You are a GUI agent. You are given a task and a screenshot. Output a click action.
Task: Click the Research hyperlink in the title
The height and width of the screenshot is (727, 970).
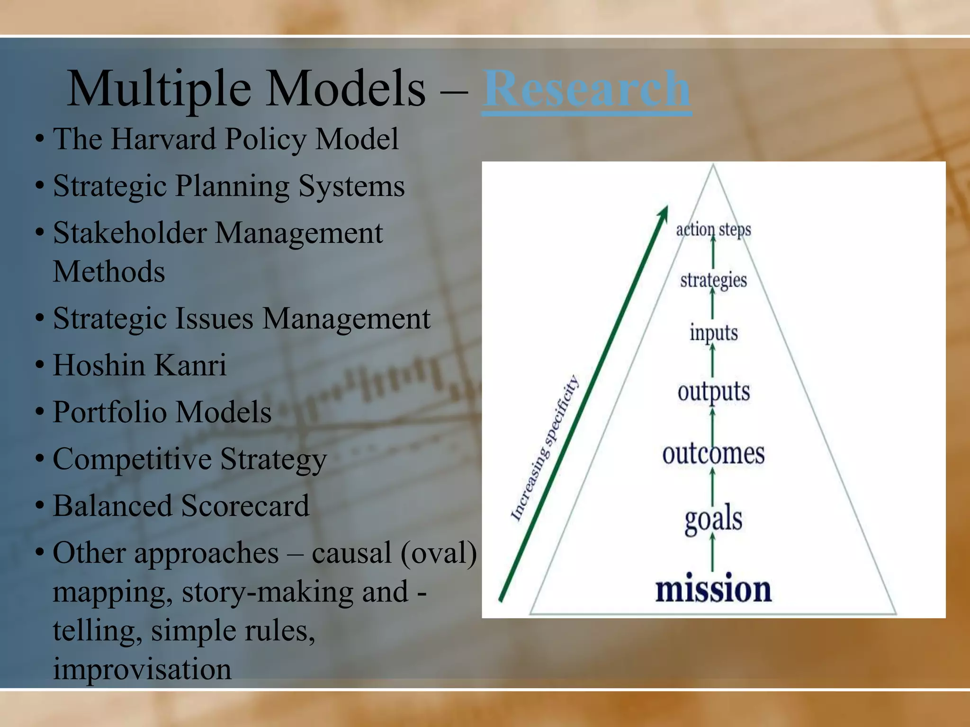point(586,89)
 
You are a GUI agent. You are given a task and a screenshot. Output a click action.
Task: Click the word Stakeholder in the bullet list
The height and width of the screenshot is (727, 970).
point(130,233)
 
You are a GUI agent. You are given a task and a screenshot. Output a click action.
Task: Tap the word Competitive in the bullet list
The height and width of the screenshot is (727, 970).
point(132,459)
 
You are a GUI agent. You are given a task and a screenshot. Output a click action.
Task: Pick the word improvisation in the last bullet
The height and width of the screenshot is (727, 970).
point(142,669)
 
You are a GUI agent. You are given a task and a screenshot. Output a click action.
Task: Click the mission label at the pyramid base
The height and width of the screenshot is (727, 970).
point(713,589)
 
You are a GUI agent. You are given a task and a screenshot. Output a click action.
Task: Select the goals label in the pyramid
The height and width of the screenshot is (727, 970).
point(713,519)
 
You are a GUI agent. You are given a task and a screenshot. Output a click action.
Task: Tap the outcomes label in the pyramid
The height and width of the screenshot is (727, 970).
point(713,453)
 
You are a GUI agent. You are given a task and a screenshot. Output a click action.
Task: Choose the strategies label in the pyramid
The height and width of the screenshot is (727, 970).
point(713,280)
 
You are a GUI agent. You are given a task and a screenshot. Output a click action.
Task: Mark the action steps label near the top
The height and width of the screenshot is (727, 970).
point(713,230)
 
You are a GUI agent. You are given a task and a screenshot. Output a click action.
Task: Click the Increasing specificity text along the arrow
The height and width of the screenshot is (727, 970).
point(545,447)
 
